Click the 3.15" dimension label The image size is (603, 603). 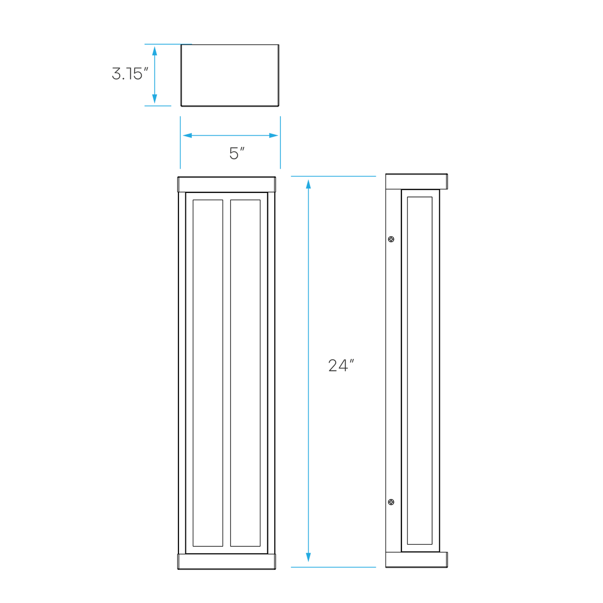[130, 75]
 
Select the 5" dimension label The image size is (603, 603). [236, 153]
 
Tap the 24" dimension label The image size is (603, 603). [341, 365]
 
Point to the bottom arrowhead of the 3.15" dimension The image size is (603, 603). [154, 100]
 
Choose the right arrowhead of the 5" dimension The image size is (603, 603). [273, 135]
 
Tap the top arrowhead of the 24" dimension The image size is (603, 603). [308, 184]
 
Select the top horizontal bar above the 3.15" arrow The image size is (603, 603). [167, 44]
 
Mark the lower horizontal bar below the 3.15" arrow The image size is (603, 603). [158, 106]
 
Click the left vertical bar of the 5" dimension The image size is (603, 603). [180, 142]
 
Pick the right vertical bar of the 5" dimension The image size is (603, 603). [280, 142]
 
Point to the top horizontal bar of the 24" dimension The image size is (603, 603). [333, 176]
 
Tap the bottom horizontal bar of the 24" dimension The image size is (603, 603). [333, 567]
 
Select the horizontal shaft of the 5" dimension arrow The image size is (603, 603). [230, 135]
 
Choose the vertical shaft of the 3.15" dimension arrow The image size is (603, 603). [154, 75]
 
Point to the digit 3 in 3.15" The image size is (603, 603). [117, 75]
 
